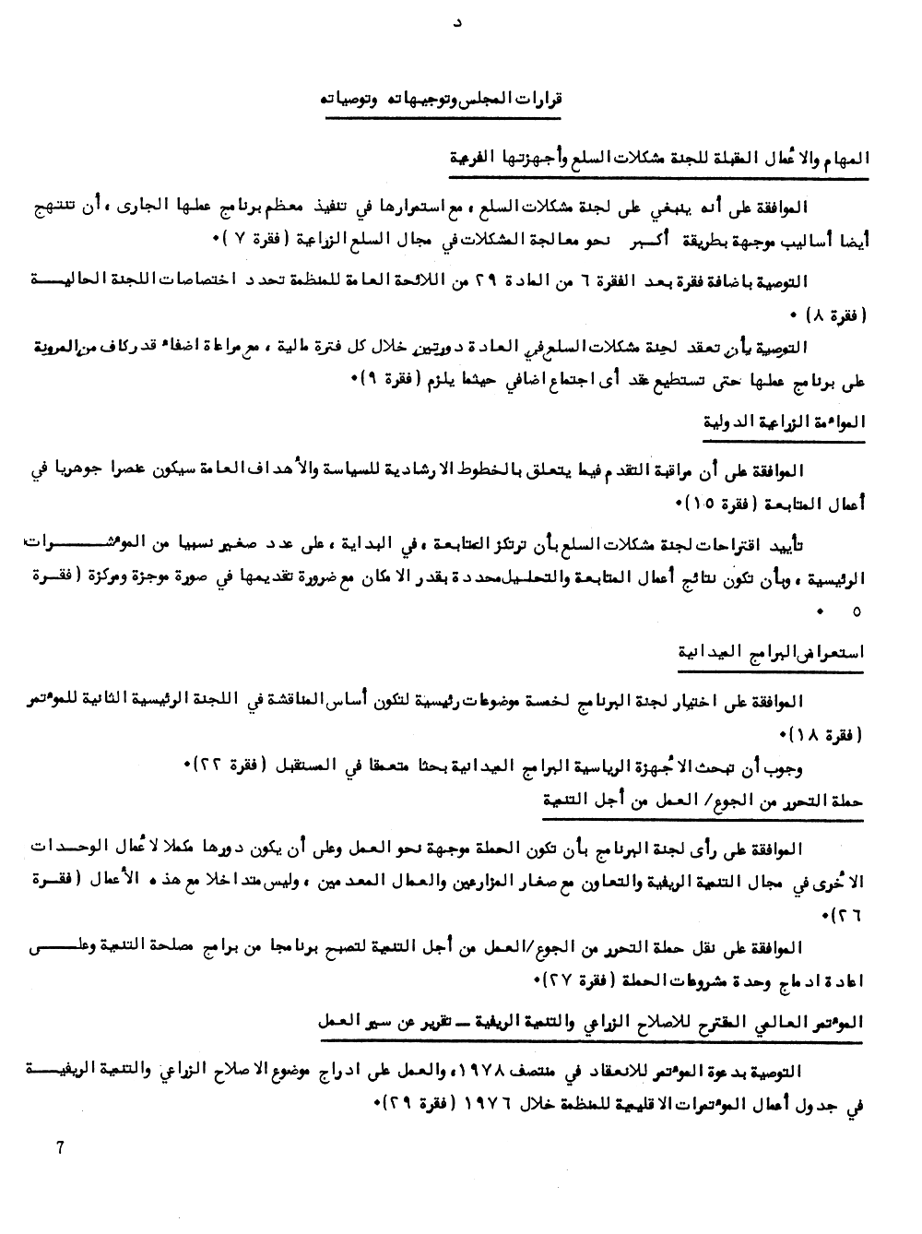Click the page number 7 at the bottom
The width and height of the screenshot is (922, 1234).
60,1147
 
